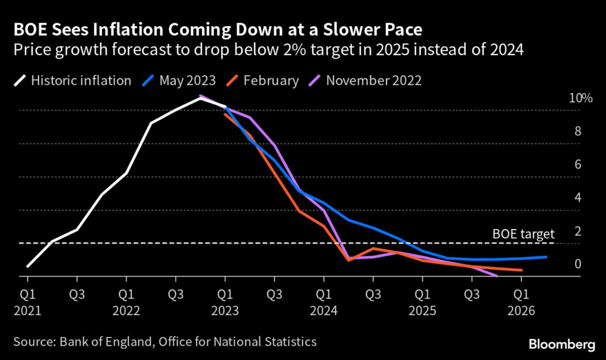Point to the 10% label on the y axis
580,98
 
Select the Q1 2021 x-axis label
27,301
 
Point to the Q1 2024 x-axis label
324,301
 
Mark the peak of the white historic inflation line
200,98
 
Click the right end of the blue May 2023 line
546,257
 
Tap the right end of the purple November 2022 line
497,276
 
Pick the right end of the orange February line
521,270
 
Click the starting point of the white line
27,266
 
